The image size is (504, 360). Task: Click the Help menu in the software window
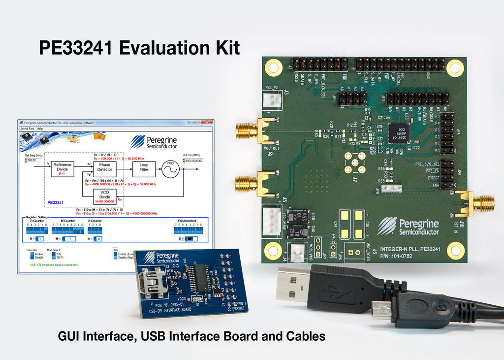[x=39, y=129]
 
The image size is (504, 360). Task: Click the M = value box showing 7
[x=70, y=238]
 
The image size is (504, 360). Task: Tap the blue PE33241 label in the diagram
[x=55, y=202]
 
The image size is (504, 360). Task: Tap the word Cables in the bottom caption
[x=304, y=336]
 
